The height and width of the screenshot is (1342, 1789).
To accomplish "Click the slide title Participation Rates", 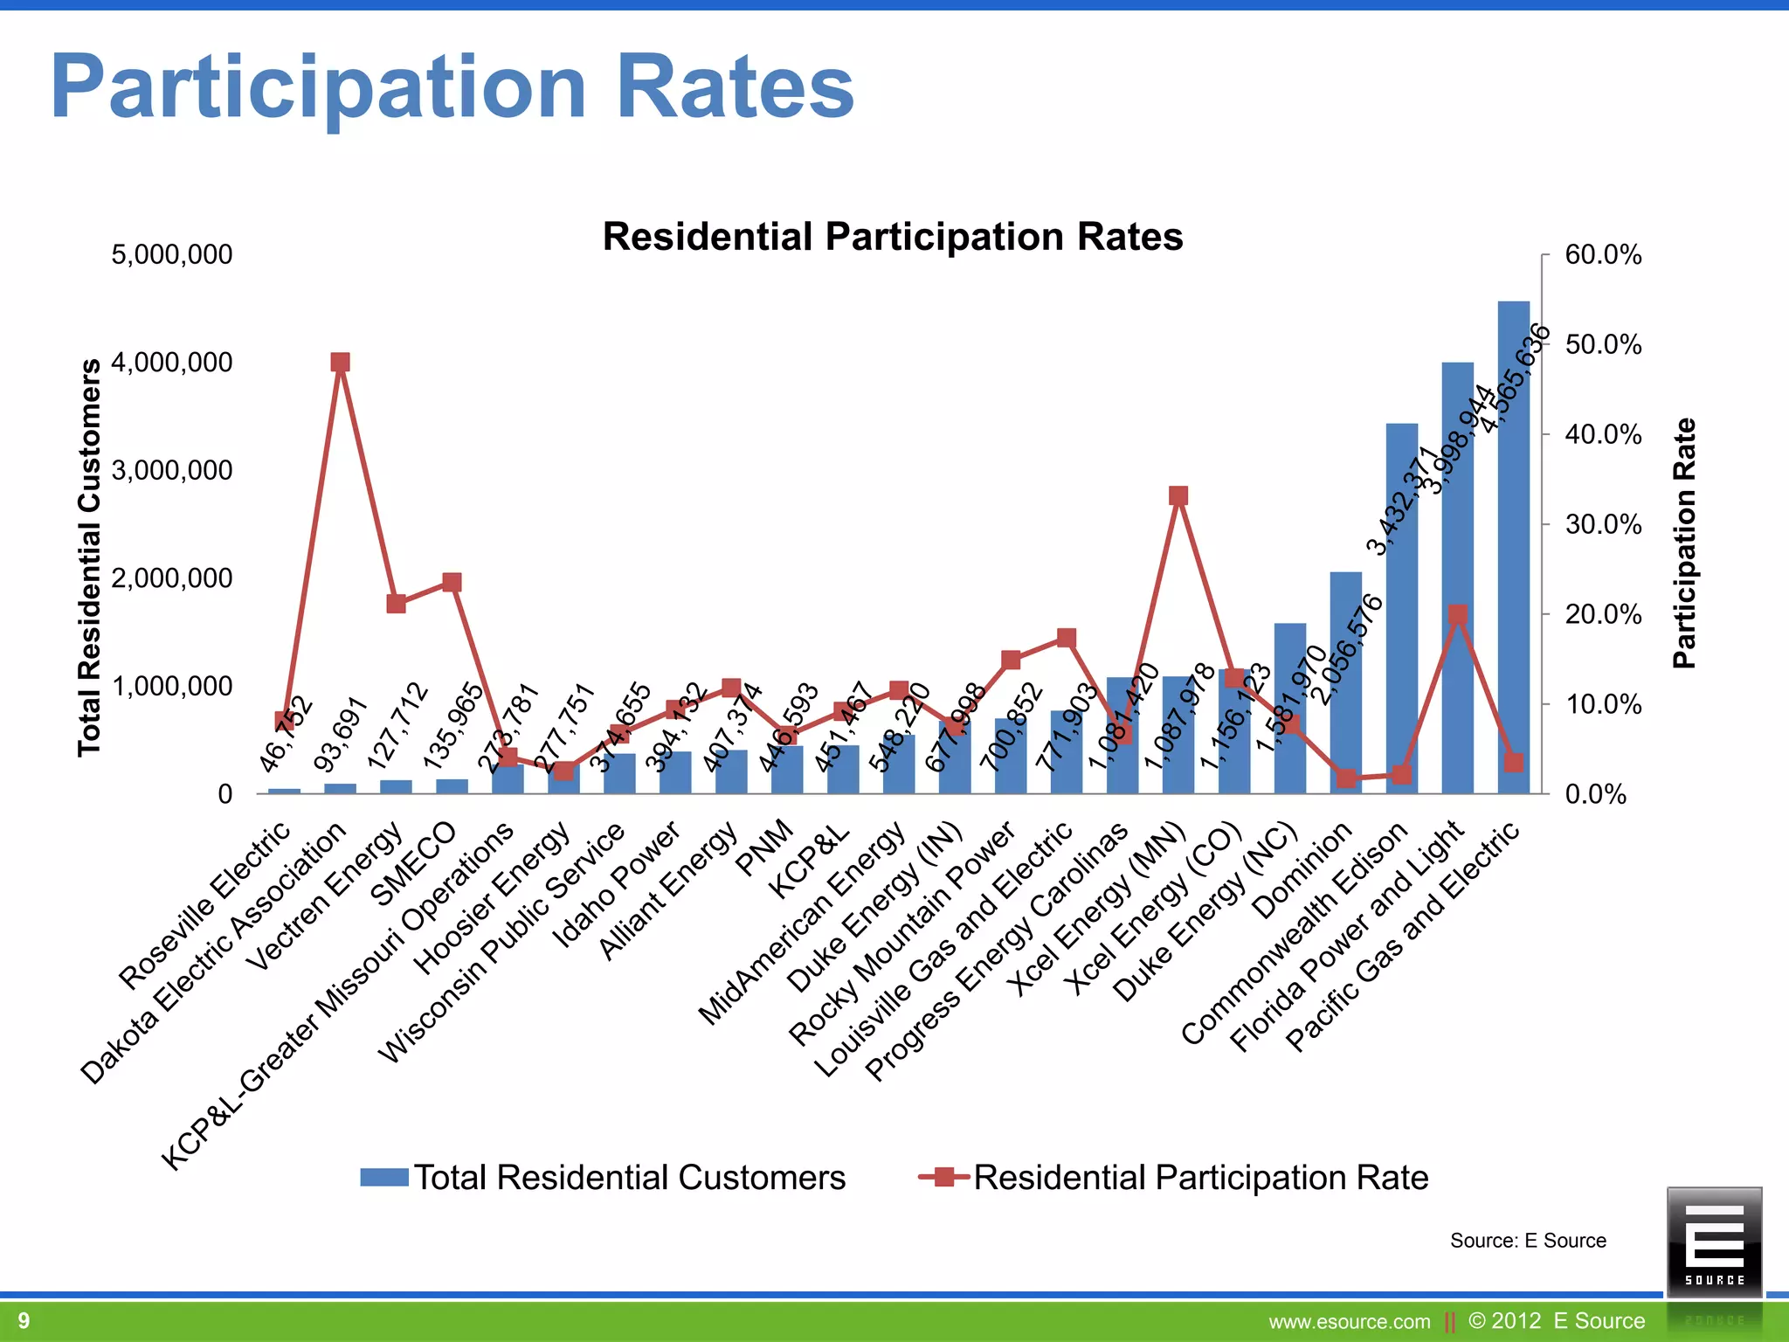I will tap(452, 87).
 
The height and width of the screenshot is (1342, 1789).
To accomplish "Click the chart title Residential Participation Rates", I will tap(892, 237).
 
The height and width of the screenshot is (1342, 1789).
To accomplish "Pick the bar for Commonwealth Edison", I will tap(1401, 612).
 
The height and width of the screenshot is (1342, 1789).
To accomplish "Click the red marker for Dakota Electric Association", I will tap(341, 363).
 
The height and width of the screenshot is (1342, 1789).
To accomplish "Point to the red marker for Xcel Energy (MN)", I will tap(1178, 496).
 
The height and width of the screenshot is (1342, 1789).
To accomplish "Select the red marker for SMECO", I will tap(452, 583).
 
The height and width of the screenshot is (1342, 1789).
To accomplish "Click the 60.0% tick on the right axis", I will tap(1603, 255).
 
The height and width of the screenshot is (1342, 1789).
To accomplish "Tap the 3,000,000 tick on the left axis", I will tap(172, 471).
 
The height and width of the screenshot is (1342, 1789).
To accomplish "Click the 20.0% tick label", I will tap(1603, 614).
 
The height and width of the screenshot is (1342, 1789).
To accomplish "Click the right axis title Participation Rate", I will tap(1683, 543).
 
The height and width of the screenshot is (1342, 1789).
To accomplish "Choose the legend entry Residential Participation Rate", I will tap(1200, 1178).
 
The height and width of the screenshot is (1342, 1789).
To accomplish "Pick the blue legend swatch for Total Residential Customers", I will tap(384, 1178).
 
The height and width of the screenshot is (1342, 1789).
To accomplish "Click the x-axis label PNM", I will tap(765, 847).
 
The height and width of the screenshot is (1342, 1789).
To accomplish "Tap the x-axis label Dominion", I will tap(1302, 871).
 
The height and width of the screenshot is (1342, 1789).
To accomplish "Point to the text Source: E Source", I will tap(1528, 1241).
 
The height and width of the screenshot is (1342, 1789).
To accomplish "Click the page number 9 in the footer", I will tap(24, 1320).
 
